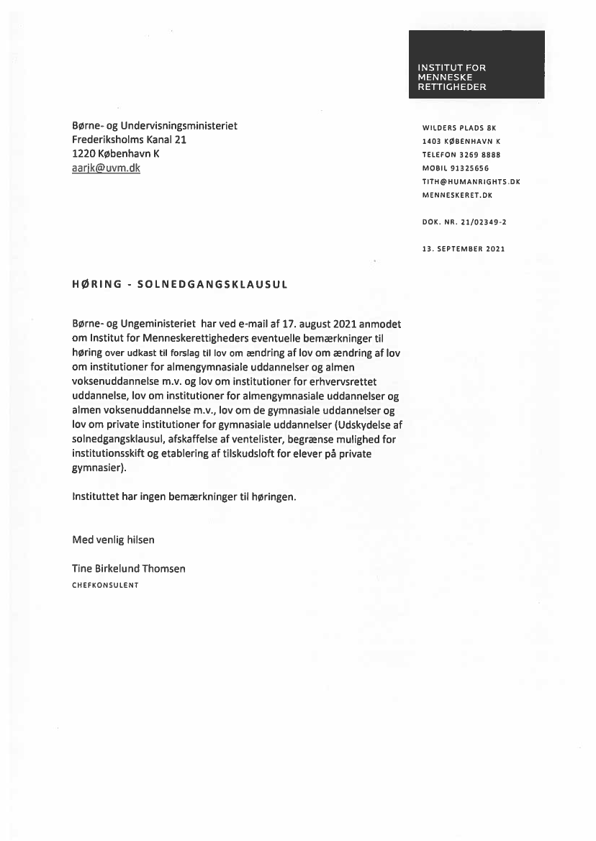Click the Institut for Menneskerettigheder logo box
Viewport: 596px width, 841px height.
pyautogui.click(x=477, y=64)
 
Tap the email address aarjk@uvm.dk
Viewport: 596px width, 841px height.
pyautogui.click(x=106, y=168)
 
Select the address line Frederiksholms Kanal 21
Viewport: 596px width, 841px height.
pyautogui.click(x=130, y=140)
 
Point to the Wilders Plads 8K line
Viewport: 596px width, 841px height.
pyautogui.click(x=459, y=129)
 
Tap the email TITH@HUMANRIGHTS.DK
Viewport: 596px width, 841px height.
pyautogui.click(x=471, y=181)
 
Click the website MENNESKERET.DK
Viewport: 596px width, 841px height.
pyautogui.click(x=457, y=195)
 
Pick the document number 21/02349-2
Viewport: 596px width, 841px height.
pyautogui.click(x=478, y=222)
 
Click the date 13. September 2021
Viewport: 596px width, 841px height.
pyautogui.click(x=463, y=249)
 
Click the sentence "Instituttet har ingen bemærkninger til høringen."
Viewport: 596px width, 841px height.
pyautogui.click(x=184, y=496)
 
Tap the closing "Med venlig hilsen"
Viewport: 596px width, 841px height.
pyautogui.click(x=113, y=539)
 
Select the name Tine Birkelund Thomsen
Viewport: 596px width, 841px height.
pyautogui.click(x=129, y=568)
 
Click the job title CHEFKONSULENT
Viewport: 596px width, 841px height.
pyautogui.click(x=105, y=585)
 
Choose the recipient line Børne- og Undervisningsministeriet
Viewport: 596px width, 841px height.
pyautogui.click(x=155, y=126)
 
